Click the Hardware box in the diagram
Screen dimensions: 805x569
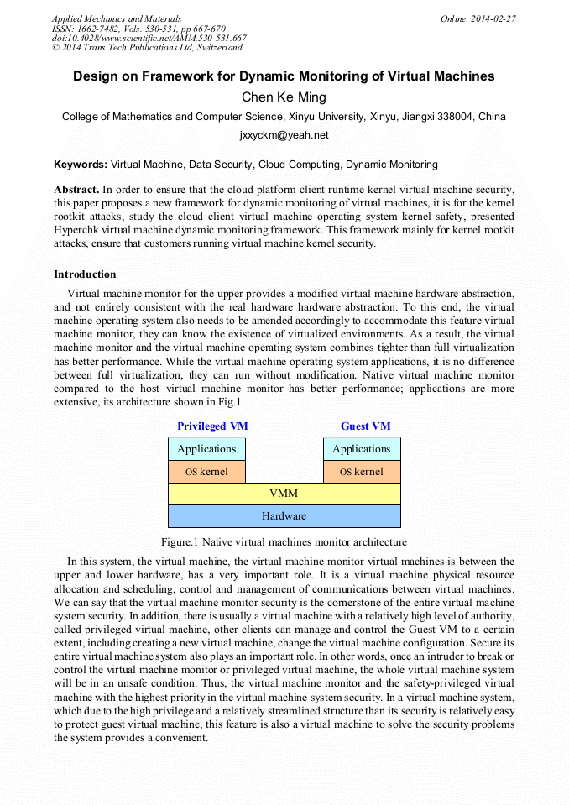(x=284, y=515)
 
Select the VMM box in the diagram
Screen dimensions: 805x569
(x=284, y=494)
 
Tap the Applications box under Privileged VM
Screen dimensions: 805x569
(x=206, y=449)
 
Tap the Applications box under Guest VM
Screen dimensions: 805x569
(x=362, y=449)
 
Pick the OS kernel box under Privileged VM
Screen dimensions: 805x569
(x=206, y=472)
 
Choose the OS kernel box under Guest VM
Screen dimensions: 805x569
(x=362, y=472)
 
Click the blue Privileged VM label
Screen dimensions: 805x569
(x=212, y=426)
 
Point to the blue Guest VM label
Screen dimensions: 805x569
(x=365, y=426)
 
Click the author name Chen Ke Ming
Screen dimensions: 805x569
(x=284, y=97)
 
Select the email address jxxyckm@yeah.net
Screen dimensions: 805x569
(x=284, y=135)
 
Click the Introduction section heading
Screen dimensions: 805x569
(x=85, y=274)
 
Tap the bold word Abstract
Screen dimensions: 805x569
(x=76, y=191)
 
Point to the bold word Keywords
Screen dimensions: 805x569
(x=80, y=165)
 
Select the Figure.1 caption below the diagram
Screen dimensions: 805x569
(x=284, y=542)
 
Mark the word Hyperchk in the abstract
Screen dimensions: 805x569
(x=78, y=229)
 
